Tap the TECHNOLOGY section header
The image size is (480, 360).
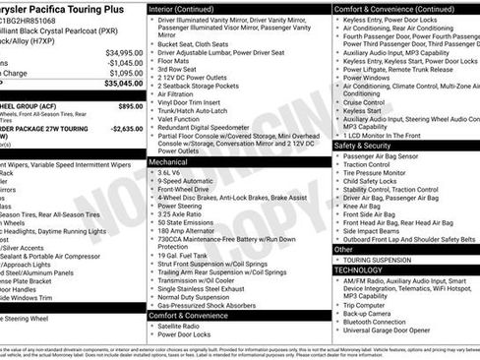tap(358, 270)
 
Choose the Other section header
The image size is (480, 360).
tap(345, 250)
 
